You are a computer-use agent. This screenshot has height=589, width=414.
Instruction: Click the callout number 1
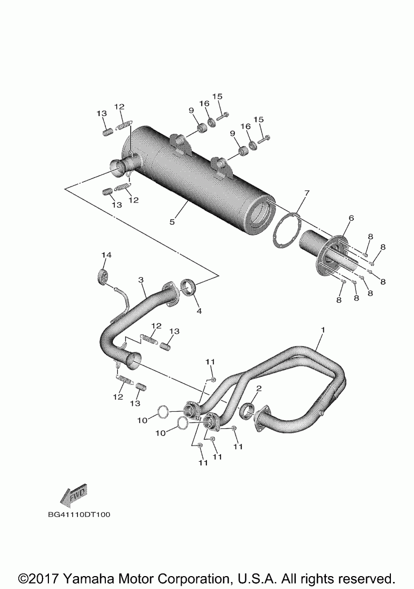coord(323,328)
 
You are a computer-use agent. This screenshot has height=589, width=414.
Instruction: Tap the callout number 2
coord(259,388)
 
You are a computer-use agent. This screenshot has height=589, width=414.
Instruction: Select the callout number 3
coord(141,280)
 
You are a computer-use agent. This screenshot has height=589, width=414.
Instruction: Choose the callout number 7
coord(306,192)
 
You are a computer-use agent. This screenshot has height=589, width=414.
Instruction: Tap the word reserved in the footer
coord(366,578)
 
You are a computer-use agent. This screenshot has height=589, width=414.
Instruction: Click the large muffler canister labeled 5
coord(204,177)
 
